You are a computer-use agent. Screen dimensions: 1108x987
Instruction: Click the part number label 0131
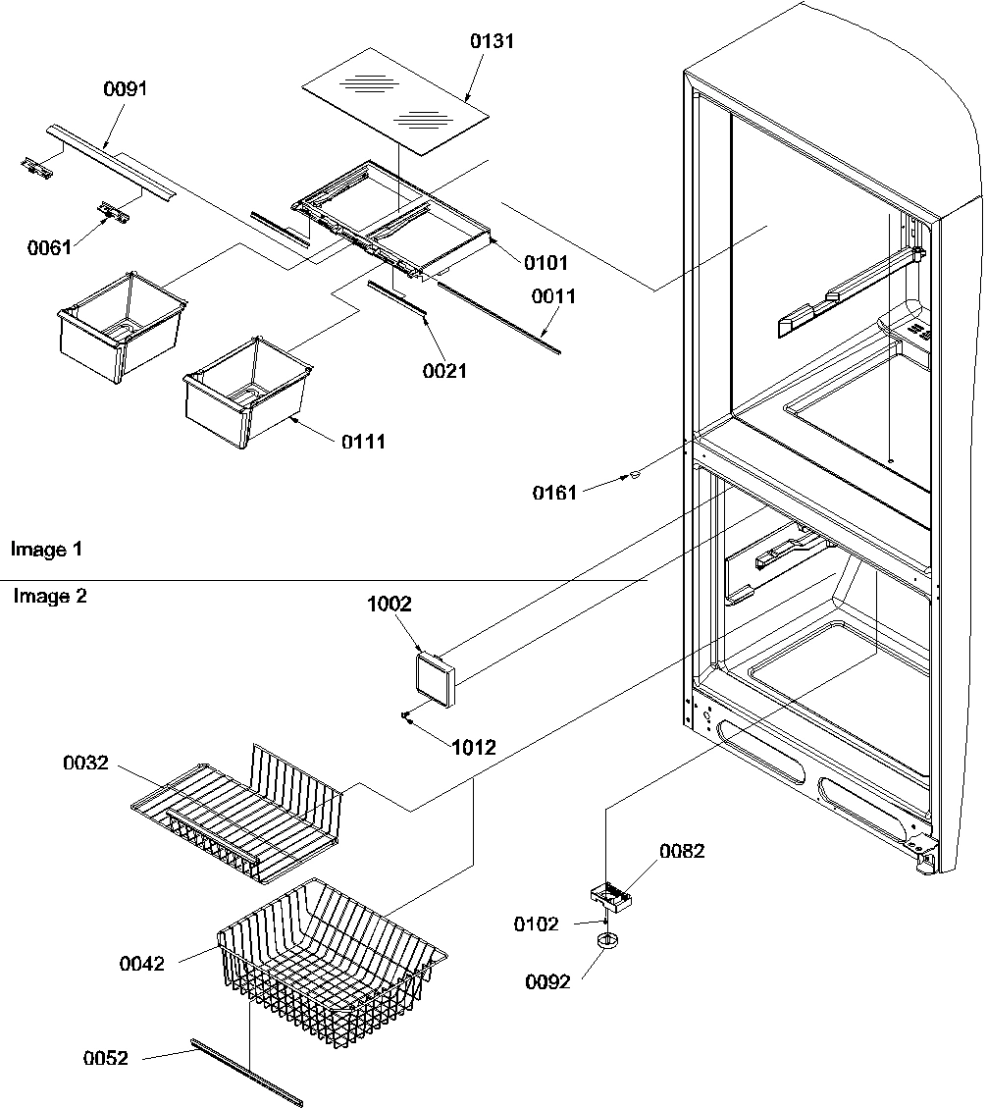tap(492, 41)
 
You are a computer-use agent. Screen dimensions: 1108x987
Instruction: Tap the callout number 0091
tap(125, 89)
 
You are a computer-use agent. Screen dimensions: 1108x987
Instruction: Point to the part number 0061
tap(49, 248)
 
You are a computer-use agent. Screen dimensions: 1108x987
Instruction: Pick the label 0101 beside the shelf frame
tap(545, 263)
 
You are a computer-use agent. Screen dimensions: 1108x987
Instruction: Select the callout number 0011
tap(554, 296)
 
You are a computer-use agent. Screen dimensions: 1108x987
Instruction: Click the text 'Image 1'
tap(46, 550)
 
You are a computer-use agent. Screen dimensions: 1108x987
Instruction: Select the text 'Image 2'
tap(49, 596)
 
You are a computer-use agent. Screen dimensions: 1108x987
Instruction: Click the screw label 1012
tap(473, 748)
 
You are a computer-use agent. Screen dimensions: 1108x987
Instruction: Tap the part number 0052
tap(105, 1058)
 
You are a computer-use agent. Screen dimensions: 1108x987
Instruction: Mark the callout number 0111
tap(363, 442)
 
